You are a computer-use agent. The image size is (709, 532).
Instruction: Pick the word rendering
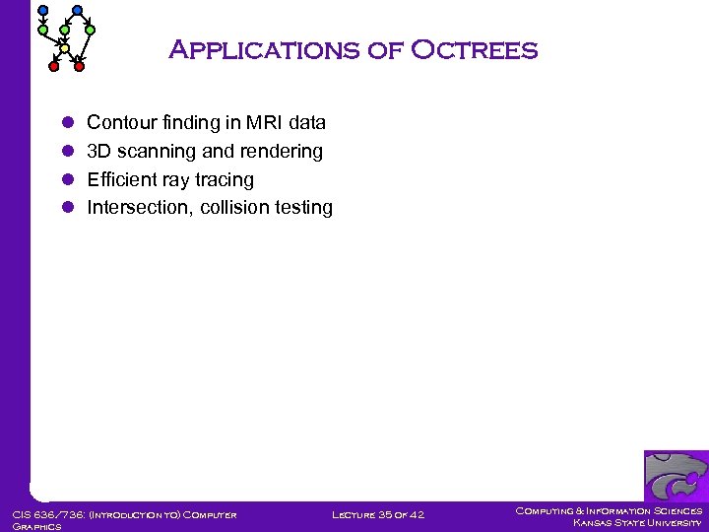[x=286, y=152]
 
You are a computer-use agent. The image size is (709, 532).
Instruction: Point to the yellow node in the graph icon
[x=65, y=48]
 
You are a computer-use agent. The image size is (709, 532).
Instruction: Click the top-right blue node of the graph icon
[x=78, y=11]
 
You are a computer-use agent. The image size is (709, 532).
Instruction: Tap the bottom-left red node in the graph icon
[x=54, y=66]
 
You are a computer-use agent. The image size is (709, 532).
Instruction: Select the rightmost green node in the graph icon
[x=91, y=31]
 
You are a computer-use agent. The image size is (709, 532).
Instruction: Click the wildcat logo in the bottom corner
[x=676, y=477]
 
